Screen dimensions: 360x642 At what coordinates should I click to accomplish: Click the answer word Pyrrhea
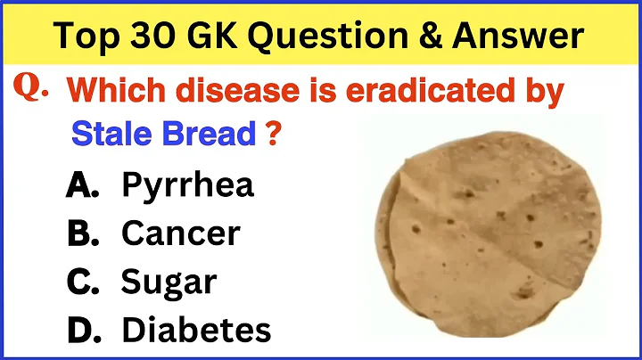coord(187,186)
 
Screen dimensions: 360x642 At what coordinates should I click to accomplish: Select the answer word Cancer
coord(180,233)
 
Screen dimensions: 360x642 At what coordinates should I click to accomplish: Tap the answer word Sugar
coord(169,283)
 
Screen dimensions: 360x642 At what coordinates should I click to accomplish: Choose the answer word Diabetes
coord(195,331)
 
